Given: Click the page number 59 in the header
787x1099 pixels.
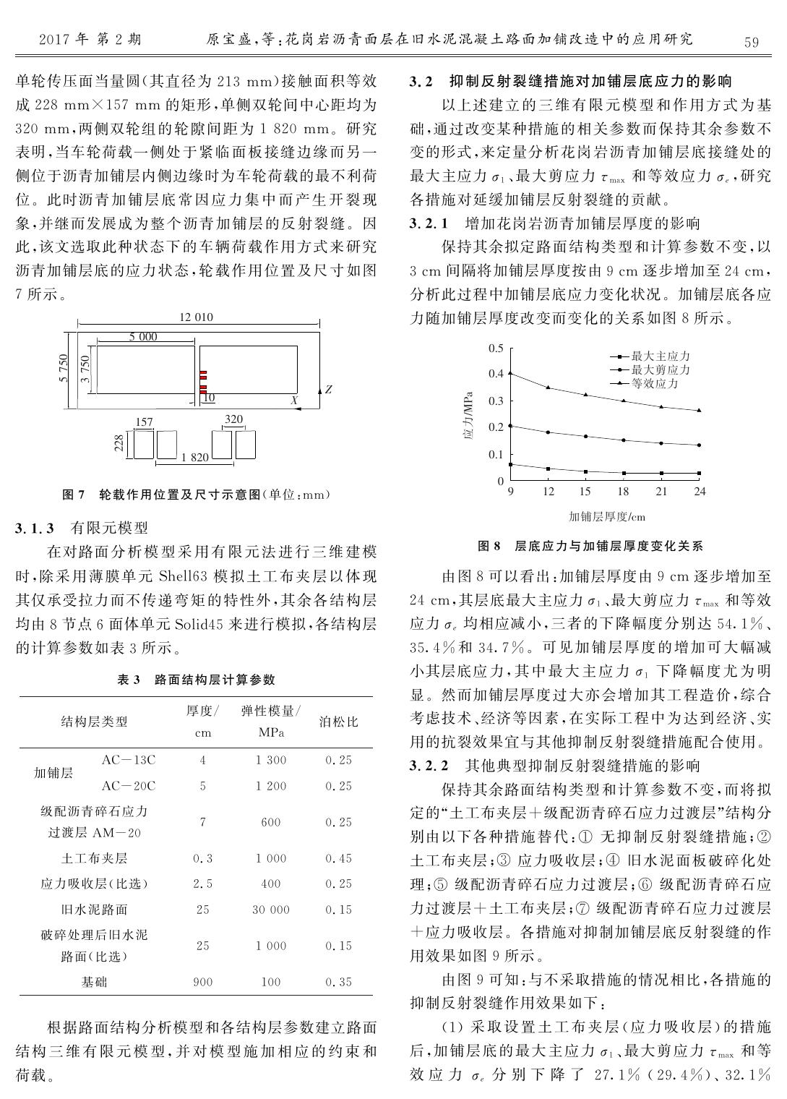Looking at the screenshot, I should pyautogui.click(x=751, y=41).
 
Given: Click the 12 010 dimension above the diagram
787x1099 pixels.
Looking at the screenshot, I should pyautogui.click(x=196, y=317).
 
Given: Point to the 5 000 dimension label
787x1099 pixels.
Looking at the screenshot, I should pyautogui.click(x=143, y=337).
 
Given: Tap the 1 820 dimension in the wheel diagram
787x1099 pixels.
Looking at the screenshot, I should pyautogui.click(x=195, y=457).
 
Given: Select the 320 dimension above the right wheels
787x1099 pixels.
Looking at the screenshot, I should pyautogui.click(x=233, y=419).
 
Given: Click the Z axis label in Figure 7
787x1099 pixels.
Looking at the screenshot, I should pyautogui.click(x=328, y=389).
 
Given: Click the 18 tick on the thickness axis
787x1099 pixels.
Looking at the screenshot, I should pyautogui.click(x=623, y=492).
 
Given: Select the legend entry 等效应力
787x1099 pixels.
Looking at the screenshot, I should pyautogui.click(x=655, y=383).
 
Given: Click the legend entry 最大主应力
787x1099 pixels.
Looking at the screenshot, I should pyautogui.click(x=661, y=356).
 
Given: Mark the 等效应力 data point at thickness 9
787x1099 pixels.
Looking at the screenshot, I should pyautogui.click(x=510, y=373).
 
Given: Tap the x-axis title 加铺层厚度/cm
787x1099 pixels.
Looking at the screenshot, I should pyautogui.click(x=606, y=516).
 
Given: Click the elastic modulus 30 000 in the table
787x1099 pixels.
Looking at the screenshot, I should pyautogui.click(x=270, y=909).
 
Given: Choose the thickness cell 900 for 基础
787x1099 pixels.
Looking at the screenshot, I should pyautogui.click(x=203, y=982).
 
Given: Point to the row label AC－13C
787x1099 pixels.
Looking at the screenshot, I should pyautogui.click(x=129, y=760).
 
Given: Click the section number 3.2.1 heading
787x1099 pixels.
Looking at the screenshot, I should pyautogui.click(x=429, y=223).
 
